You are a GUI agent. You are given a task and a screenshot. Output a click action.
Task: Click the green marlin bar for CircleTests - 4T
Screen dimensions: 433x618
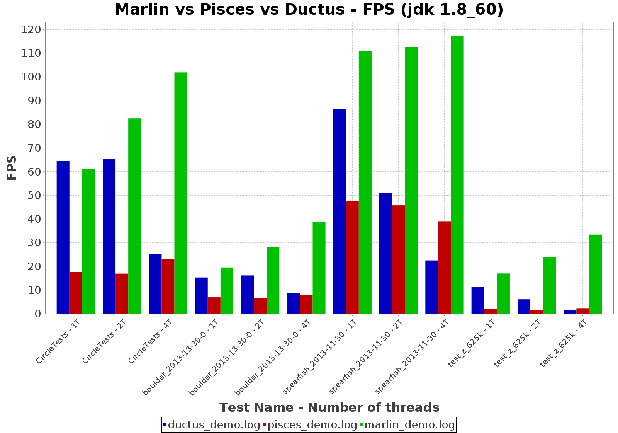pos(181,193)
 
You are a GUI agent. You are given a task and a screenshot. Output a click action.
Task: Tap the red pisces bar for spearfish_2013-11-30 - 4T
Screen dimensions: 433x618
pos(444,267)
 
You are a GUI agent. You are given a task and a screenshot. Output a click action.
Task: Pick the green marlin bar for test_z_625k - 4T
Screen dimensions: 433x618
pos(596,274)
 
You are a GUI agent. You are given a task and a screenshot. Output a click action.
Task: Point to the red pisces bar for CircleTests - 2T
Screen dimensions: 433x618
pos(122,293)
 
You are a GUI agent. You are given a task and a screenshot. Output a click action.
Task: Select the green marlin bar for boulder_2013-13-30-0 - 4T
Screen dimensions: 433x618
pos(319,268)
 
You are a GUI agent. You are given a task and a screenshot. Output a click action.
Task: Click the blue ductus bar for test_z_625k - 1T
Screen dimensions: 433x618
pos(478,300)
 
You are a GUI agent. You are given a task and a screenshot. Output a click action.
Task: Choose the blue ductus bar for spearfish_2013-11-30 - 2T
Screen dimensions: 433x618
pos(385,253)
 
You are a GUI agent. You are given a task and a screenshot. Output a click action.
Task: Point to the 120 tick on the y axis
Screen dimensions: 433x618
pos(32,30)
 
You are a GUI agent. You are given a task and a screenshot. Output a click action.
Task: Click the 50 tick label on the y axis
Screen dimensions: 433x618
pos(32,196)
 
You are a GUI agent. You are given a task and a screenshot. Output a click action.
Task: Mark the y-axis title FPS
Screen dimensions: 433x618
pos(12,167)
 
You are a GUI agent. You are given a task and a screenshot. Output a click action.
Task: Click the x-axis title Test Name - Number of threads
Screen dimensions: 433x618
pos(329,407)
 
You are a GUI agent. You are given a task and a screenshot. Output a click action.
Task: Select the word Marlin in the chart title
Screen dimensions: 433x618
pos(142,10)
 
